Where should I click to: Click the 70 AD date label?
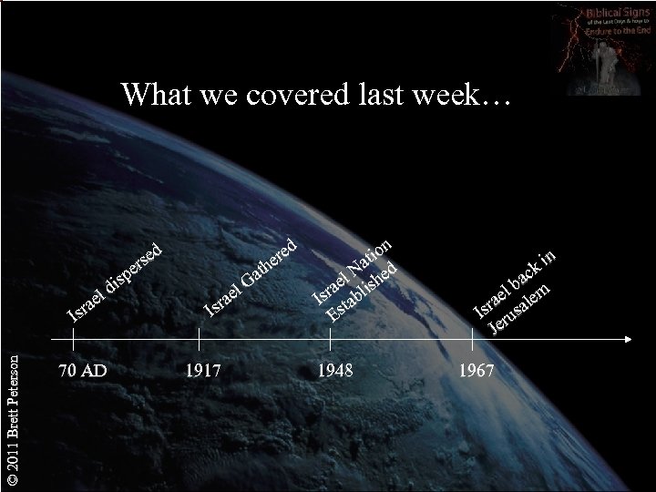(x=81, y=371)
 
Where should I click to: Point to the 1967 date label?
(x=477, y=371)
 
